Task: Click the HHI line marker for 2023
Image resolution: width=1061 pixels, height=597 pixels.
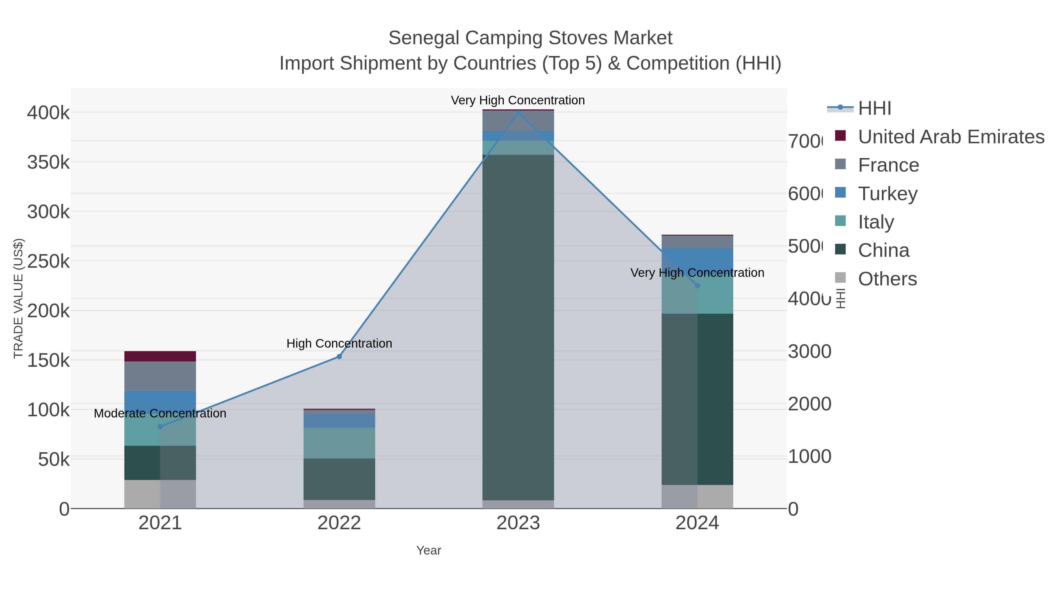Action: pyautogui.click(x=518, y=113)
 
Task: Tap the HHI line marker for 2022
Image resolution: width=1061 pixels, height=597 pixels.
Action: pyautogui.click(x=340, y=356)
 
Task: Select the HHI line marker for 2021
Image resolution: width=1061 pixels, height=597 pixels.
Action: pyautogui.click(x=160, y=426)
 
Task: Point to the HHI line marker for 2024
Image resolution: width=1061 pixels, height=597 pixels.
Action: pyautogui.click(x=697, y=285)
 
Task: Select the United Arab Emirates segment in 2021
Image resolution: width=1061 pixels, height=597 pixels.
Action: pyautogui.click(x=160, y=356)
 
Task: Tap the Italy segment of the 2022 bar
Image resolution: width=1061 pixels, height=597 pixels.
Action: pyautogui.click(x=340, y=443)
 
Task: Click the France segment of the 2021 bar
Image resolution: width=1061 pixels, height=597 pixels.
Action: pyautogui.click(x=160, y=376)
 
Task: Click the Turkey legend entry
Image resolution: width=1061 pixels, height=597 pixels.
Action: pyautogui.click(x=888, y=194)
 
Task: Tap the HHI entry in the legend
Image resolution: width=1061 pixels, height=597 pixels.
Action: pyautogui.click(x=874, y=108)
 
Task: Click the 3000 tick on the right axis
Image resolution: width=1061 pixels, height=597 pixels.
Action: pyautogui.click(x=809, y=351)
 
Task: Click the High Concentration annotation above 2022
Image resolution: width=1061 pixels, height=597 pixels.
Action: pyautogui.click(x=340, y=343)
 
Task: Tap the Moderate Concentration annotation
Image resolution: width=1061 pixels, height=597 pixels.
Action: pyautogui.click(x=160, y=413)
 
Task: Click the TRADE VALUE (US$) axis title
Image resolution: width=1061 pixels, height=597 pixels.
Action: pyautogui.click(x=18, y=298)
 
